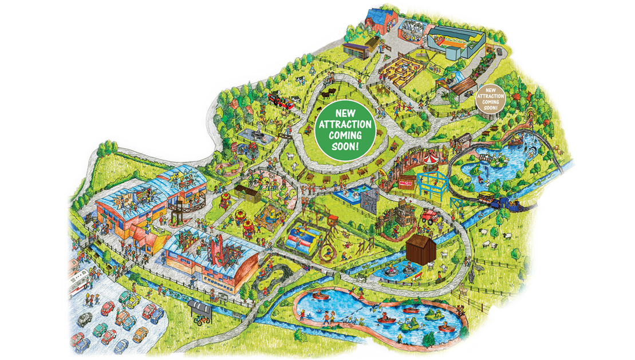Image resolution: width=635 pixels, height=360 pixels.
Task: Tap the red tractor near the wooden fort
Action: click(431, 216)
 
